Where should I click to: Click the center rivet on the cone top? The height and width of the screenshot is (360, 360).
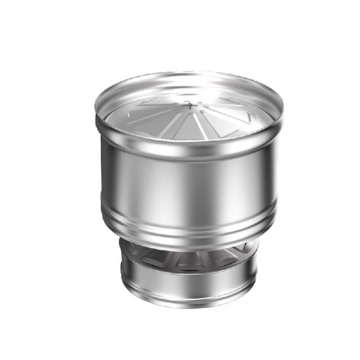[x=190, y=105]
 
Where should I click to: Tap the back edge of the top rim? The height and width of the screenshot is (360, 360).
[x=189, y=73]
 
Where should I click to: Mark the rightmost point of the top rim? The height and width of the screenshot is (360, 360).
[x=283, y=109]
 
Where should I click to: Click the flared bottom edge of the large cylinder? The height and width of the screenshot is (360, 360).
[x=189, y=234]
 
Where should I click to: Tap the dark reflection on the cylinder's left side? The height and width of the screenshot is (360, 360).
[x=111, y=180]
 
